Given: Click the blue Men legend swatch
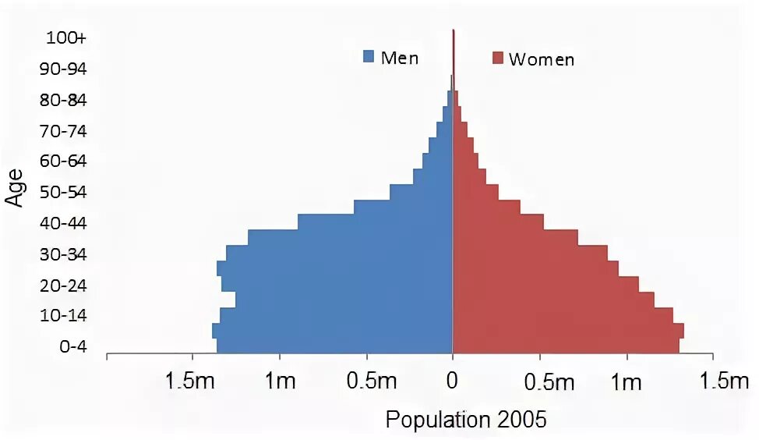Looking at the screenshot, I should [369, 57].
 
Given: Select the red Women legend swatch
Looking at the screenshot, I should [497, 59].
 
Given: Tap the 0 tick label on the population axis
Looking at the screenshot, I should [452, 381].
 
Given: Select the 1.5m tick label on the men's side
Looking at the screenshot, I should [185, 381].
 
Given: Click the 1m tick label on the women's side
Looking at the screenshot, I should [626, 381].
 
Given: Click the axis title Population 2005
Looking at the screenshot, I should [466, 420].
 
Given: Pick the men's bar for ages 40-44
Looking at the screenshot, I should [374, 222].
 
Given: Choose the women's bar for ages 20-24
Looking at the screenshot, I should [545, 284].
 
